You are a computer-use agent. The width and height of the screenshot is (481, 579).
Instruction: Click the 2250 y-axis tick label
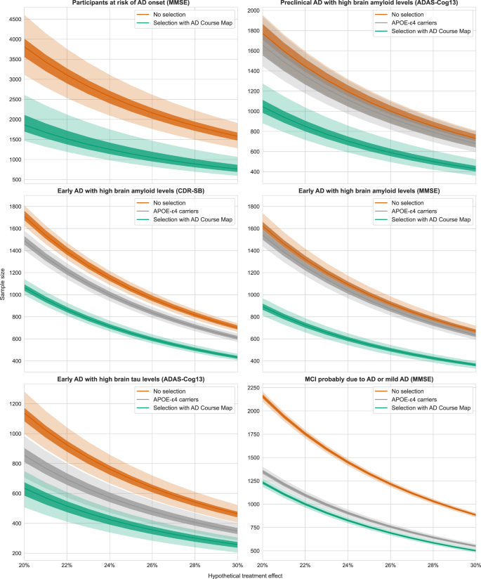[250, 387]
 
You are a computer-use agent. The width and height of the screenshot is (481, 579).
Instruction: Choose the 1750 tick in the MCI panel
[250, 434]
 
